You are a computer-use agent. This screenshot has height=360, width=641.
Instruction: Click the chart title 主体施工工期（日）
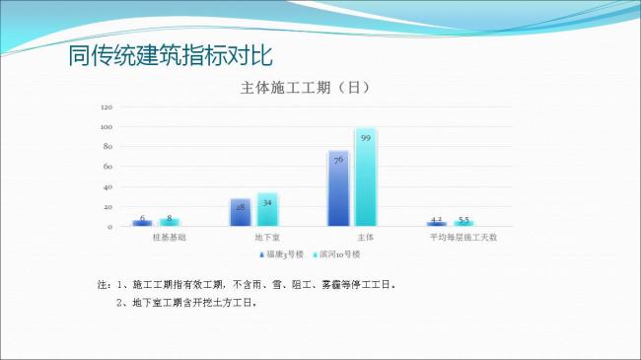pyautogui.click(x=305, y=88)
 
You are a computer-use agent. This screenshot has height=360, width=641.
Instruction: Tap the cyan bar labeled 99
pyautogui.click(x=365, y=178)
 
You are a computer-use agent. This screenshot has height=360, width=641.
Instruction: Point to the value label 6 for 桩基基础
pyautogui.click(x=142, y=218)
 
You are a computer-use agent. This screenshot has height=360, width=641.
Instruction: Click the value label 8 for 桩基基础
pyautogui.click(x=169, y=218)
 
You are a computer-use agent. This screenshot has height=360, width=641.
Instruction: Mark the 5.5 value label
pyautogui.click(x=463, y=219)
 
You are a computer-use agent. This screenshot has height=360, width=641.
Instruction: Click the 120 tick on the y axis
pyautogui.click(x=107, y=107)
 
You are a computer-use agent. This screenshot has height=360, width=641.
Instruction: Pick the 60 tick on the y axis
pyautogui.click(x=108, y=167)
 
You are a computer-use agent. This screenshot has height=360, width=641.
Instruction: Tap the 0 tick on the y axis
pyautogui.click(x=110, y=227)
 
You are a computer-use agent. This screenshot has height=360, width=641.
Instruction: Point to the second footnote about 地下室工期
pyautogui.click(x=187, y=303)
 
